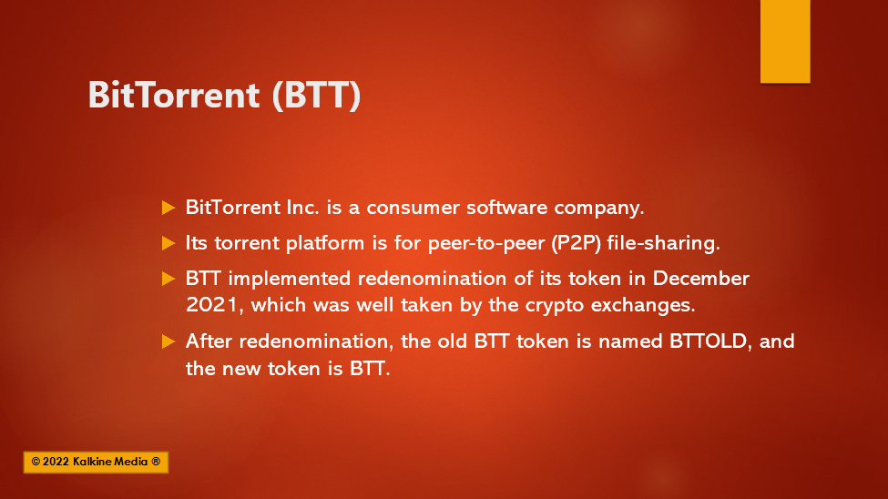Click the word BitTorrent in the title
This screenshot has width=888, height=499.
(174, 94)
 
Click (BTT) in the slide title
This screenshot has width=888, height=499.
(316, 95)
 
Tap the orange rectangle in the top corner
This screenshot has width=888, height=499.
(785, 41)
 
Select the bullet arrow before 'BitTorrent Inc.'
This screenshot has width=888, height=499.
(168, 208)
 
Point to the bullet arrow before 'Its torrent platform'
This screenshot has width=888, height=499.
(168, 243)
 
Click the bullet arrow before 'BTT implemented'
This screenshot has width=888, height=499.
(168, 279)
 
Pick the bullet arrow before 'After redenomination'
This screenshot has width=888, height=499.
(168, 341)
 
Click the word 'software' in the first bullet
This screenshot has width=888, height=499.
(507, 208)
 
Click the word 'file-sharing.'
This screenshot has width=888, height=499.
(664, 243)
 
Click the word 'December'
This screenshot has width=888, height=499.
(701, 279)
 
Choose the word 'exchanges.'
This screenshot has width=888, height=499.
(643, 305)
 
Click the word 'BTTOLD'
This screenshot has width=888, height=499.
(708, 341)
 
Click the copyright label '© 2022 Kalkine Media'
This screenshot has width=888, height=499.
(96, 462)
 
